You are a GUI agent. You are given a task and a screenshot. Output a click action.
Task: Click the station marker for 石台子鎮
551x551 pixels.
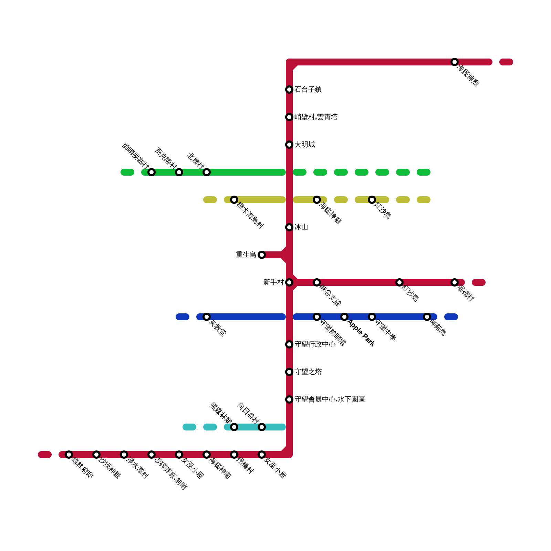point(289,90)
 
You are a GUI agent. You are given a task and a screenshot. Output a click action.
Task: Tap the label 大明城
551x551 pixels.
point(304,145)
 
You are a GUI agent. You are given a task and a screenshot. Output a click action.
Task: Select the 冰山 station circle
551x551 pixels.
point(289,227)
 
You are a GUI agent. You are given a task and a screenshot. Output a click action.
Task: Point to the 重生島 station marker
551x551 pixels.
point(262,255)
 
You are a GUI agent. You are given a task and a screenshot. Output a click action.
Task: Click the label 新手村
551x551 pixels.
point(273,282)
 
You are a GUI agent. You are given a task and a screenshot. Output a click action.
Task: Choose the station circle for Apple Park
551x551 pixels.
point(344,317)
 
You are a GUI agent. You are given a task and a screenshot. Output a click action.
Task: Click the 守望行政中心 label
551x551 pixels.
point(315,344)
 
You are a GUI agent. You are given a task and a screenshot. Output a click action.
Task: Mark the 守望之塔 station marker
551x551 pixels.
point(289,372)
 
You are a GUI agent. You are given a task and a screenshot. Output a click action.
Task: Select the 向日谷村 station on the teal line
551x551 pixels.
point(262,427)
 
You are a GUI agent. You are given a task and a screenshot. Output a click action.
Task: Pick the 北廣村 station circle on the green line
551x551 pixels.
point(207,172)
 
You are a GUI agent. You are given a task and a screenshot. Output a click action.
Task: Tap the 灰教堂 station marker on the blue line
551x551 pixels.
point(207,317)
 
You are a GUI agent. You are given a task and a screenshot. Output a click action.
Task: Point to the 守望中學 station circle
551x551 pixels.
point(372,317)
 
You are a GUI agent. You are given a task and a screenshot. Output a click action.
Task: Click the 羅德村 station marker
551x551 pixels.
point(455,282)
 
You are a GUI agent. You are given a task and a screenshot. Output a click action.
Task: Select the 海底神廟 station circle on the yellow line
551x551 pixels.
point(317,200)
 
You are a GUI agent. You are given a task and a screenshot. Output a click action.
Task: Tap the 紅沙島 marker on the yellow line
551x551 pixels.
point(372,200)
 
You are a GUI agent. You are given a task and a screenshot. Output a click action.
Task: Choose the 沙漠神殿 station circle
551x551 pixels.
point(96,455)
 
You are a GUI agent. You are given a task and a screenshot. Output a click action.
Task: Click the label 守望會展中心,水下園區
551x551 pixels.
point(330,399)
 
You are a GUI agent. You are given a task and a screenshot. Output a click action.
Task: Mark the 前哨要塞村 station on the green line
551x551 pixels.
point(152,172)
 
